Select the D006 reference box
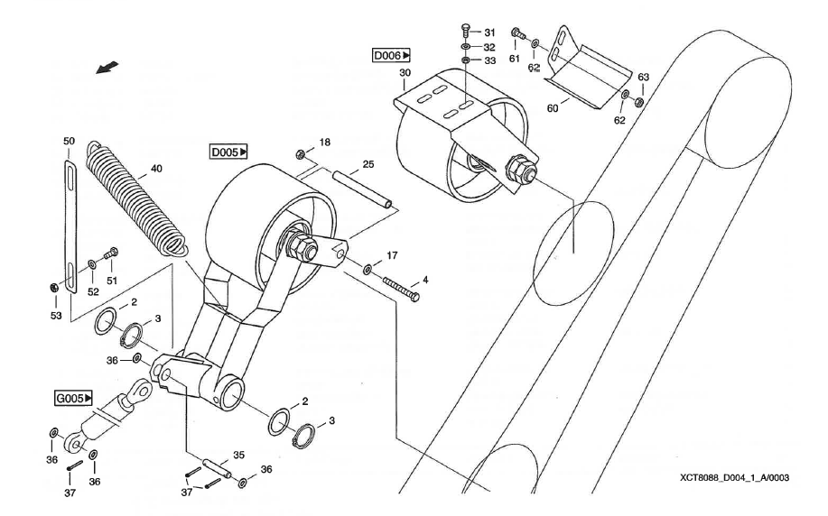coord(391,55)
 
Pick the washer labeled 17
coord(368,269)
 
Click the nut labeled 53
coord(55,288)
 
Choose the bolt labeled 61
coord(518,33)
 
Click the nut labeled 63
coord(638,101)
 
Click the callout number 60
coord(553,108)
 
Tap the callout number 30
coord(405,73)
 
